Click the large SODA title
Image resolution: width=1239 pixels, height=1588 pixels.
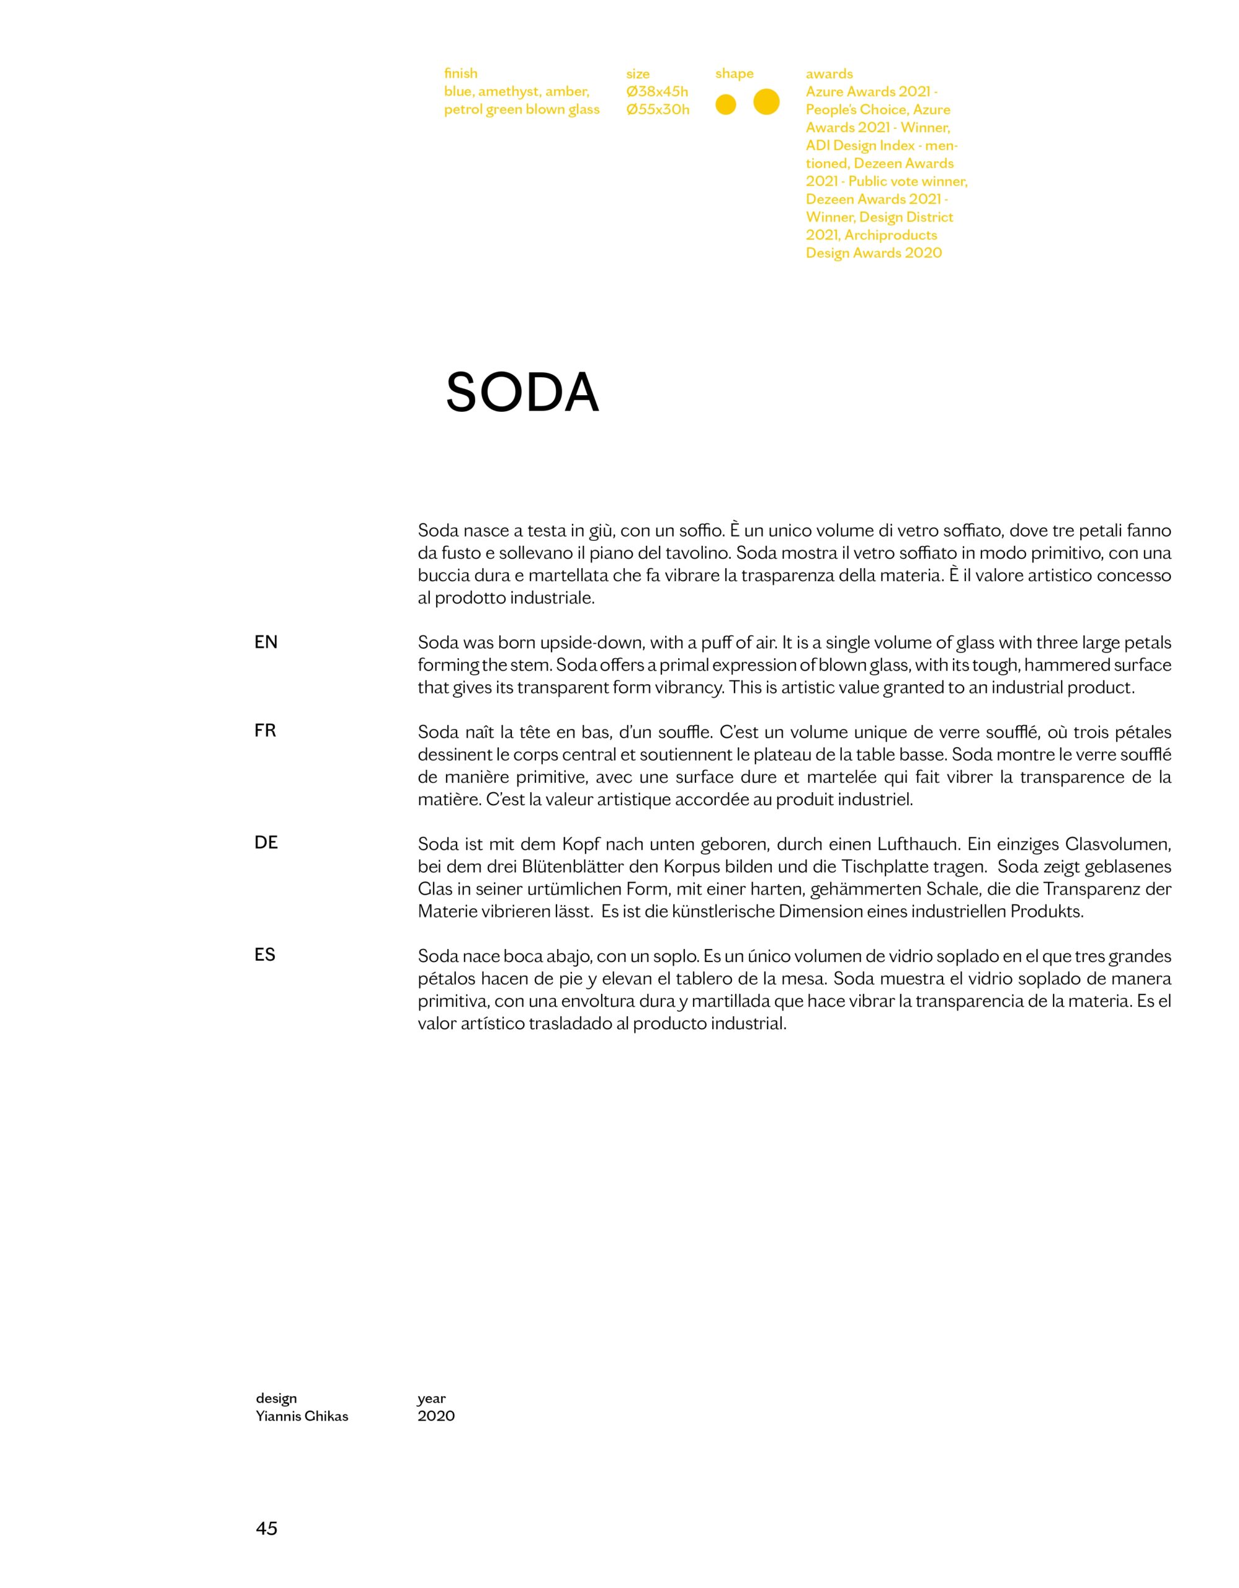(x=522, y=393)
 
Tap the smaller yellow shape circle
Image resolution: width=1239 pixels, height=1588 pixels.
(x=726, y=105)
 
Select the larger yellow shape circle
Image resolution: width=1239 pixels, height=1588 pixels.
(x=766, y=102)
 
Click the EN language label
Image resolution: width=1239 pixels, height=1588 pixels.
(x=266, y=642)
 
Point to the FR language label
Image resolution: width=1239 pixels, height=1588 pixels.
(x=266, y=731)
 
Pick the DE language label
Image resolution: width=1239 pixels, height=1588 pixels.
(x=266, y=843)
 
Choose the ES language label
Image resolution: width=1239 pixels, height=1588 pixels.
(x=266, y=955)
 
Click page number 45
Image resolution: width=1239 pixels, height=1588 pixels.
(x=267, y=1528)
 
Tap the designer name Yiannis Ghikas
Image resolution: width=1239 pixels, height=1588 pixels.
(x=302, y=1416)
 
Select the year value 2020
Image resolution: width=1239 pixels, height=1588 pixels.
(x=436, y=1416)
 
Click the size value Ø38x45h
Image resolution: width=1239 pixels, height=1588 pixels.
(x=656, y=92)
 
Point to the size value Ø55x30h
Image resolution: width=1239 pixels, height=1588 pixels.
(x=657, y=110)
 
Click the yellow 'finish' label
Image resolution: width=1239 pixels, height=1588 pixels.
(x=460, y=73)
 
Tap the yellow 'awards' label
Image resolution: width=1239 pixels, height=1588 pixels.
(x=829, y=73)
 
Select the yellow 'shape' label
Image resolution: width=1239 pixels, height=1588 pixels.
(x=735, y=73)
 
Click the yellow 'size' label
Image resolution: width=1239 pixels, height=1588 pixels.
(x=638, y=73)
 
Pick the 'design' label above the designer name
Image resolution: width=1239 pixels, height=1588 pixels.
(x=276, y=1398)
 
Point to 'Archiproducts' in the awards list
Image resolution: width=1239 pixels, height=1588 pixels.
(x=891, y=235)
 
